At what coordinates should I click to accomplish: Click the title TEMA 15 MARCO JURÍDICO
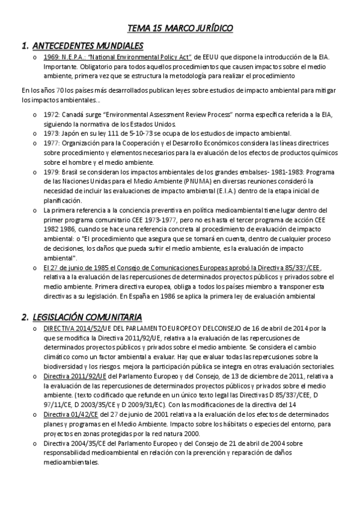[x=180, y=28]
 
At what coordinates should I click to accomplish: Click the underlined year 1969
[x=51, y=57]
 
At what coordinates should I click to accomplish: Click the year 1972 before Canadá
[x=51, y=115]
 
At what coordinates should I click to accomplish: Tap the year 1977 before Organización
[x=51, y=143]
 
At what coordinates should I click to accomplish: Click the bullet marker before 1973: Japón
[x=35, y=134]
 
